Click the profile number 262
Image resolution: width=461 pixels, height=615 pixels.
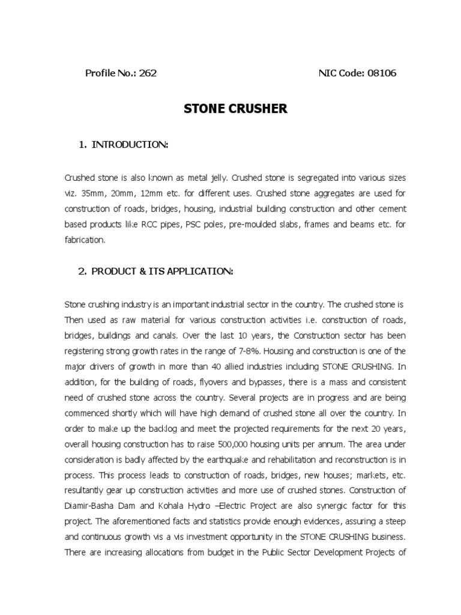[148, 73]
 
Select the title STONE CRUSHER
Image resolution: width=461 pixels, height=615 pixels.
[227, 109]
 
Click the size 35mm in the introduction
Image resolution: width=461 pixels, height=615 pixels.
[88, 193]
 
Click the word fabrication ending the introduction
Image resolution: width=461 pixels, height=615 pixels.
[84, 240]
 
